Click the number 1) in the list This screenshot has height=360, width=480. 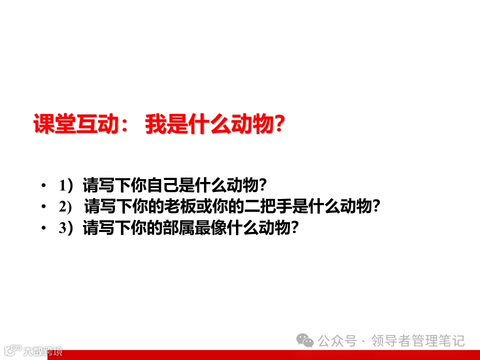[x=65, y=186]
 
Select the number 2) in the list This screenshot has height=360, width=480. [x=66, y=206]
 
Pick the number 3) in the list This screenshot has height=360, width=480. [x=65, y=228]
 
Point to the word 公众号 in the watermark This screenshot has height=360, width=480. [x=337, y=341]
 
